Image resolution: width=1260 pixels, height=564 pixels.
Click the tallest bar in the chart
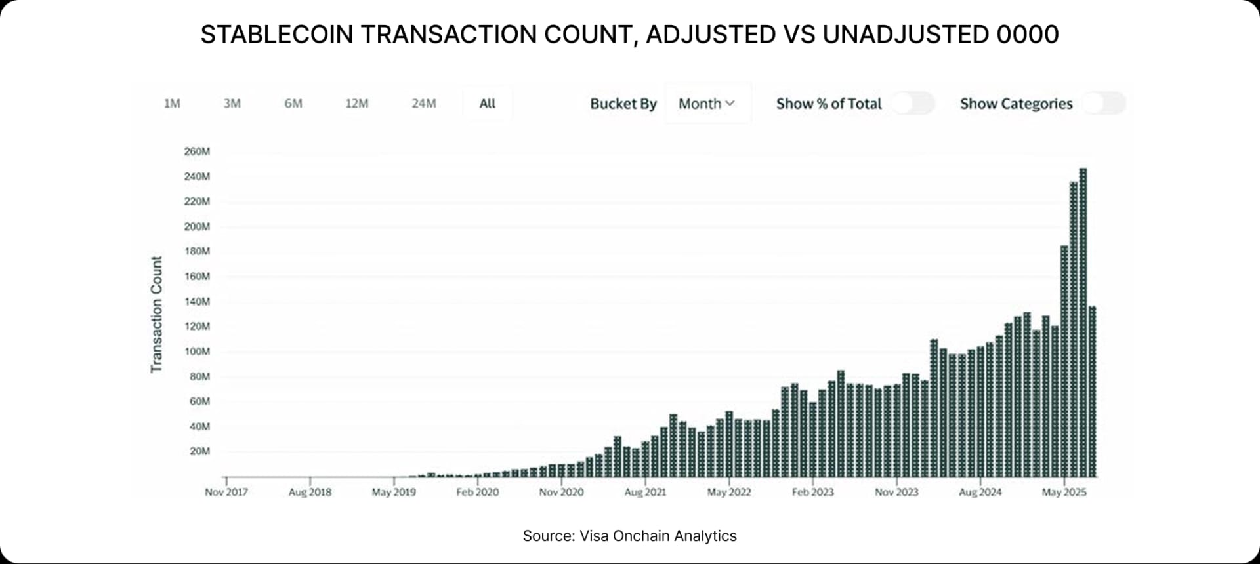(x=1083, y=321)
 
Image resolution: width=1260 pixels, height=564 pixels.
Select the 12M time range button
(x=357, y=104)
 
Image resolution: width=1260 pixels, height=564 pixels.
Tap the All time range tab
(x=487, y=104)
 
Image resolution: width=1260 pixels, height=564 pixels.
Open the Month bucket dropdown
(x=707, y=104)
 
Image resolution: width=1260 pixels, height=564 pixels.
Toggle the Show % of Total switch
(x=913, y=104)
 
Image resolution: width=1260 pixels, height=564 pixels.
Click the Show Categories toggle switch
(x=1104, y=104)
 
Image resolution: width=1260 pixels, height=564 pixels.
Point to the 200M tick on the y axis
(x=197, y=226)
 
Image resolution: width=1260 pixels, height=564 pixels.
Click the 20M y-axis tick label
(x=199, y=451)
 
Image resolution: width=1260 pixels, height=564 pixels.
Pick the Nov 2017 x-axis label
(x=226, y=492)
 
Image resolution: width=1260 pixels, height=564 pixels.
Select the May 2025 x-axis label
(x=1064, y=492)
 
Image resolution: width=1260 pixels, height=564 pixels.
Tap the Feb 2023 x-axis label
(x=812, y=492)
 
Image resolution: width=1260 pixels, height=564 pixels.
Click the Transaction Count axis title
(x=156, y=315)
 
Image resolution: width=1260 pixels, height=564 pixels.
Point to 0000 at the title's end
(x=1027, y=34)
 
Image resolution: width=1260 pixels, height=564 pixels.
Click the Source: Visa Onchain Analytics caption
(x=629, y=536)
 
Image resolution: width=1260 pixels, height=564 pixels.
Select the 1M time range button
(x=172, y=104)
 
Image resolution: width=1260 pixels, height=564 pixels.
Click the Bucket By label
(x=623, y=104)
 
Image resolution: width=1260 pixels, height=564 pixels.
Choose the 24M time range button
(x=423, y=104)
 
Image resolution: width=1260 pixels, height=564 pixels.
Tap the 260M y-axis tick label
(x=197, y=151)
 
